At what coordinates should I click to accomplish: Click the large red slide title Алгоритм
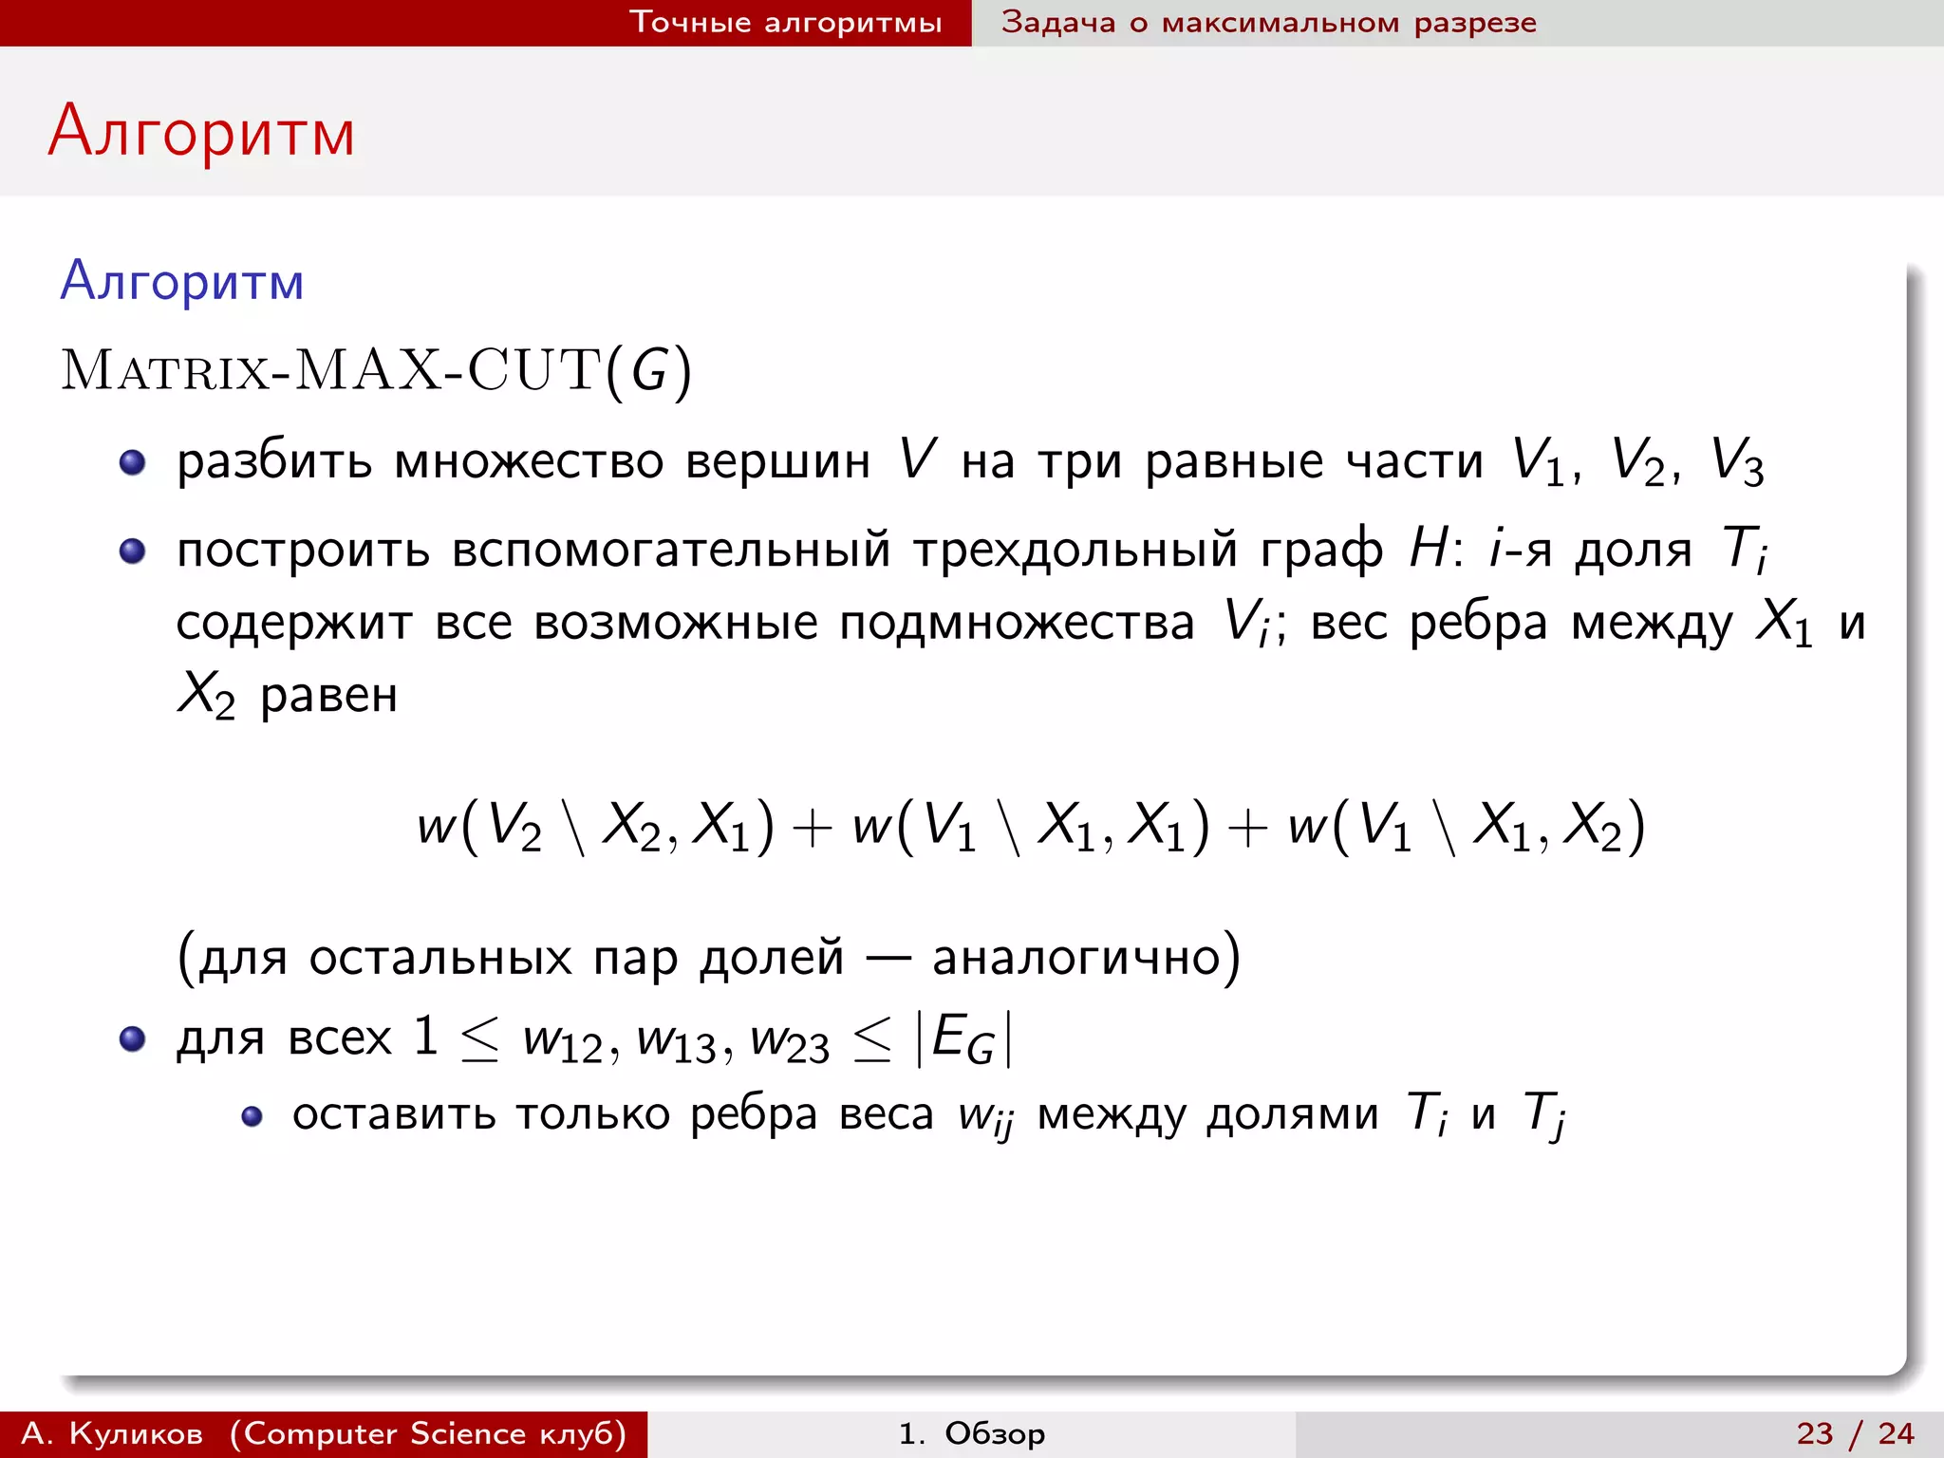[201, 132]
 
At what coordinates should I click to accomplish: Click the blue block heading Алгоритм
[182, 282]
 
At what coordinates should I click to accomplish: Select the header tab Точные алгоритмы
[785, 22]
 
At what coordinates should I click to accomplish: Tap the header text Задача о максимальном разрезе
[1268, 22]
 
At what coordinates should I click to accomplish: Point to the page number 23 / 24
[1855, 1433]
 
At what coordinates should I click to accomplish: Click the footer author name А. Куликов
[112, 1433]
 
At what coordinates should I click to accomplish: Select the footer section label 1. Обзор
[971, 1433]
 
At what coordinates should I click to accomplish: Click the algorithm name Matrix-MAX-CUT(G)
[376, 370]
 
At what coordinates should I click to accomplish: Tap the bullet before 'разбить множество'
[132, 462]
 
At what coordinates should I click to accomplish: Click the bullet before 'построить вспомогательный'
[132, 551]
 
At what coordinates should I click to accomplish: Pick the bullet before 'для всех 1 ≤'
[132, 1038]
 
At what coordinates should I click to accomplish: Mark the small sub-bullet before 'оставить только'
[252, 1116]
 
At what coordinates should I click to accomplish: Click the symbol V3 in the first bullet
[1736, 463]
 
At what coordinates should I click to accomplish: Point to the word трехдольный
[1075, 551]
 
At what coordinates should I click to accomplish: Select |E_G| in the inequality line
[963, 1038]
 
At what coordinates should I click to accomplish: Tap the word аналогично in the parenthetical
[1077, 957]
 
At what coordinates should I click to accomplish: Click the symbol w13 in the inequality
[676, 1040]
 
